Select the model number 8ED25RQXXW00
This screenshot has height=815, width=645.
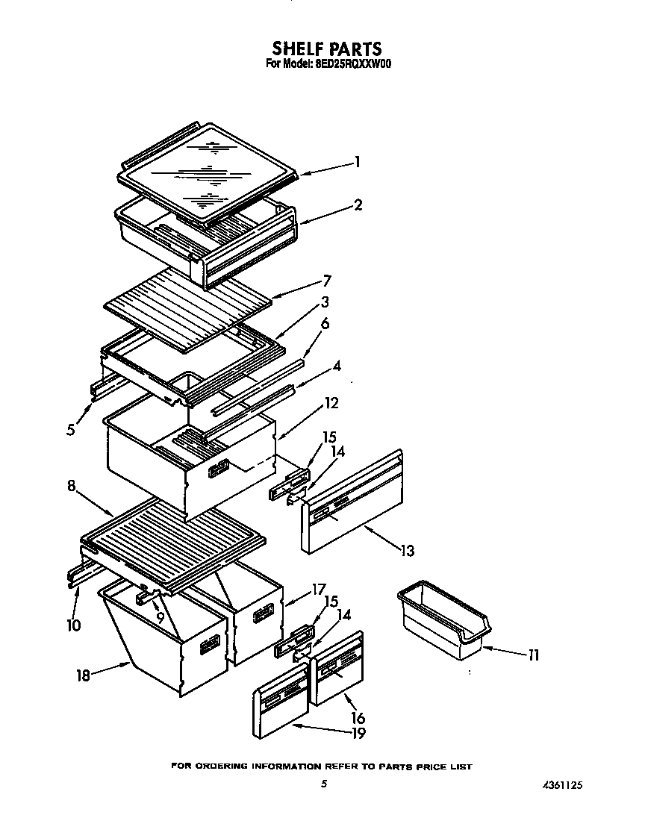pyautogui.click(x=352, y=64)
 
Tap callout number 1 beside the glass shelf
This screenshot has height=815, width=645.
pyautogui.click(x=358, y=161)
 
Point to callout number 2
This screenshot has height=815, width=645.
pyautogui.click(x=358, y=204)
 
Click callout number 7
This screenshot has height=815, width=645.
pyautogui.click(x=326, y=281)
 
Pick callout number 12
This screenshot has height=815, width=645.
pyautogui.click(x=331, y=403)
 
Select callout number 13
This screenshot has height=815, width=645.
pyautogui.click(x=406, y=551)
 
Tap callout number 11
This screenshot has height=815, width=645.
pyautogui.click(x=532, y=655)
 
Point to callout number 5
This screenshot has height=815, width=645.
pyautogui.click(x=70, y=430)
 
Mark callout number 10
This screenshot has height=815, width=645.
pyautogui.click(x=73, y=625)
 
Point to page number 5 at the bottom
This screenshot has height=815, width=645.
pyautogui.click(x=323, y=784)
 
